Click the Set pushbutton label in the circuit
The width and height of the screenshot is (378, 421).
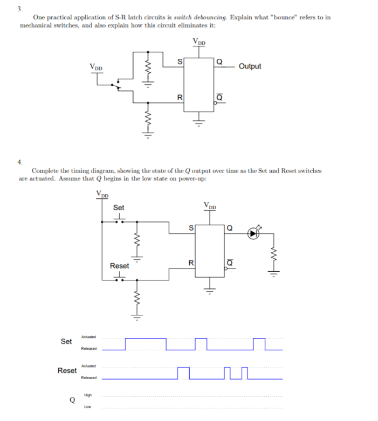click(119, 208)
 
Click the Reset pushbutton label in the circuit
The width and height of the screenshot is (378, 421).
click(119, 266)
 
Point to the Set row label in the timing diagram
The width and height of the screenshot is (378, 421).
click(66, 342)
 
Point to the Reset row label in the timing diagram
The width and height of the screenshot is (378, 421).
click(67, 371)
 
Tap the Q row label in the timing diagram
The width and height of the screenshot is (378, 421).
click(71, 400)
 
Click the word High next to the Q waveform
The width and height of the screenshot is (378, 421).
click(87, 395)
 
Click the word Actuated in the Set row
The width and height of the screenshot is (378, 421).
click(88, 337)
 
